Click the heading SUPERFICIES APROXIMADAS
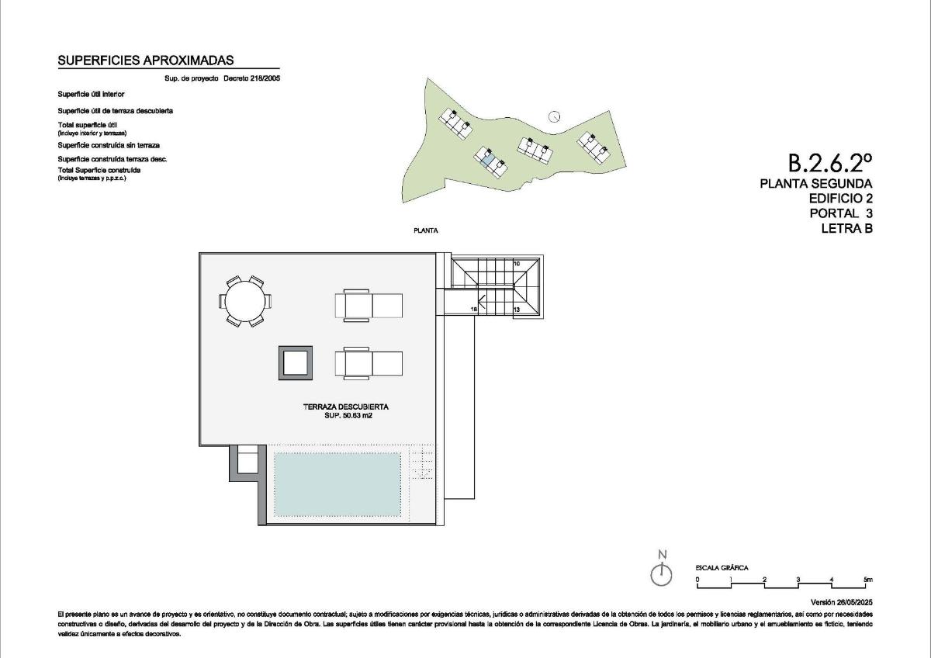pos(146,61)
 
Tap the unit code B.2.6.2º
pos(830,163)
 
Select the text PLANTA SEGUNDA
pos(816,184)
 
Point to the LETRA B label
pos(846,228)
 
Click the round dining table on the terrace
pos(246,301)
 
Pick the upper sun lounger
pos(368,305)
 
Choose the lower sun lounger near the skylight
pos(368,363)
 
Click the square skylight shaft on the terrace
pos(296,362)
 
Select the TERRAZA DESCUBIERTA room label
pos(345,407)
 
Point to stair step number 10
pos(516,264)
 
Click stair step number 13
pos(516,309)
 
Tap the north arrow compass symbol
pos(661,574)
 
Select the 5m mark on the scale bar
pos(867,580)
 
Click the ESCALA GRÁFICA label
pos(722,568)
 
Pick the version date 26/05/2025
pos(841,602)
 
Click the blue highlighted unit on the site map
pos(488,161)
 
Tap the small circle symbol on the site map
pos(554,116)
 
